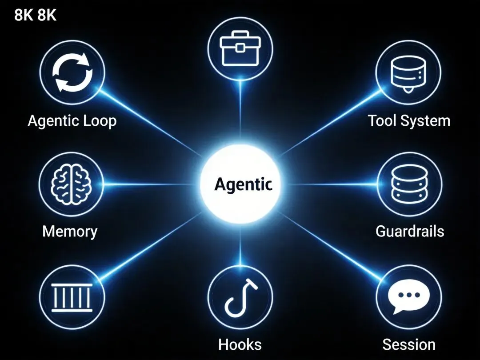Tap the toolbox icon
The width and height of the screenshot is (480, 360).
click(x=240, y=48)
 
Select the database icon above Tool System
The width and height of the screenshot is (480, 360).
click(x=408, y=73)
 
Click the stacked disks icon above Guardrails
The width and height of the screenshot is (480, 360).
click(x=409, y=183)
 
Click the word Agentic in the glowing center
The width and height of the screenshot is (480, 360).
click(x=243, y=184)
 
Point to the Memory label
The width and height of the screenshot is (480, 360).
click(x=70, y=232)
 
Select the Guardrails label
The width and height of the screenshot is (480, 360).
click(x=410, y=232)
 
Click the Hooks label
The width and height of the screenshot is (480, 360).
click(x=240, y=344)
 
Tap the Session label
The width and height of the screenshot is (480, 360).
click(x=409, y=344)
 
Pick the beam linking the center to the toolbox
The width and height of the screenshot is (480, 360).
click(x=240, y=116)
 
